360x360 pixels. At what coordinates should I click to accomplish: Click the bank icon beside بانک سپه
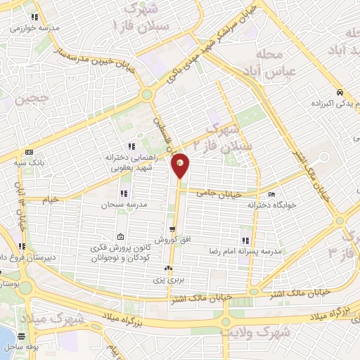coord(28,152)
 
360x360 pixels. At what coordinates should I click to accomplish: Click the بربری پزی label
coord(169,279)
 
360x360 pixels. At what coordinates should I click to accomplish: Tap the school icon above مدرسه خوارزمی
coord(34,18)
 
